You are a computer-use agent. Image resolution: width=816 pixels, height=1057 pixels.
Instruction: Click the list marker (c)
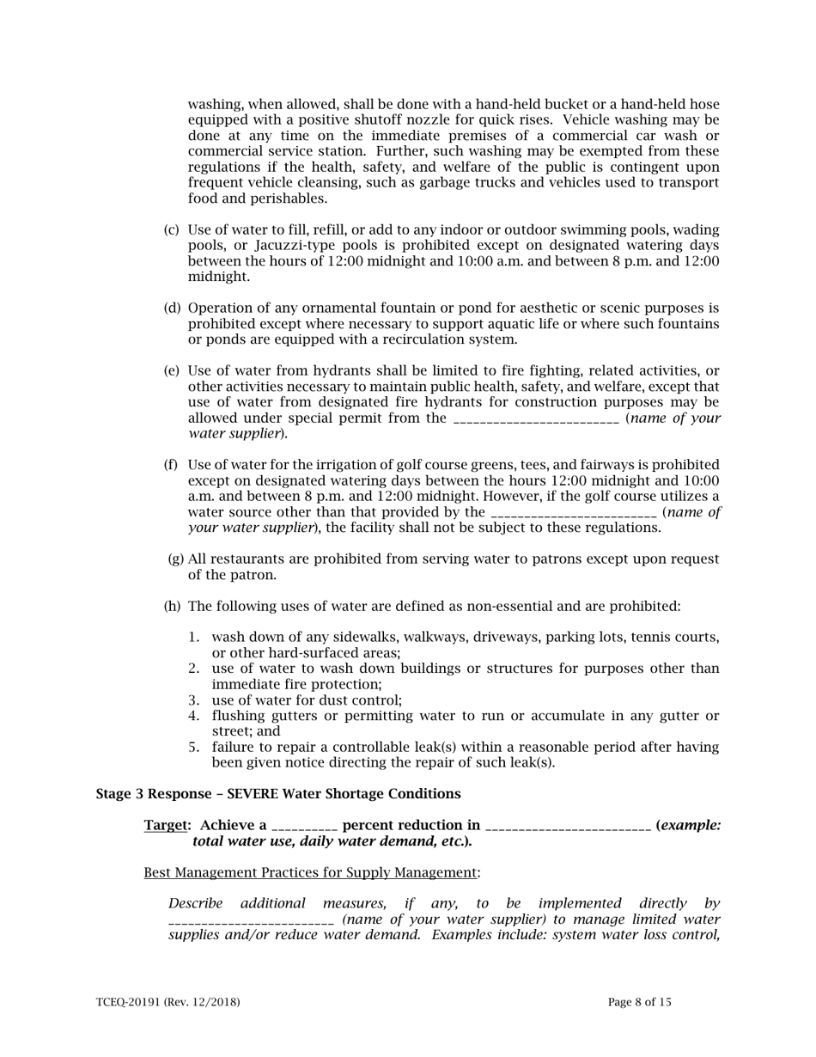172,230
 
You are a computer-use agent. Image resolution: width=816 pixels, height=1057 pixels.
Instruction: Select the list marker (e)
172,371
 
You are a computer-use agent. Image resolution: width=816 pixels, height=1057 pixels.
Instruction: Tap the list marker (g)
175,559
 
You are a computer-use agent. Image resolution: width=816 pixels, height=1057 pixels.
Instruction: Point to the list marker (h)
172,607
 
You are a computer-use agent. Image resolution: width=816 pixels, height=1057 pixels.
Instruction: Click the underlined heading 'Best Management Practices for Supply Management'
310,873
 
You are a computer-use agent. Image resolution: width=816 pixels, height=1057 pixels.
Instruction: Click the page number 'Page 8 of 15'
640,1002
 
